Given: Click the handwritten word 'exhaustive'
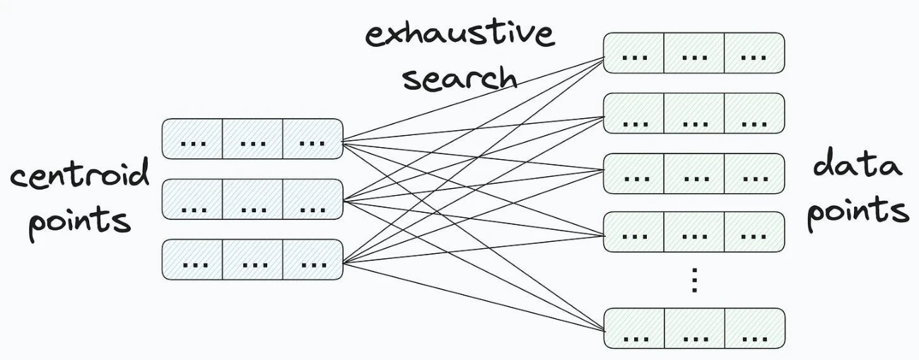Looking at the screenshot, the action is coord(460,34).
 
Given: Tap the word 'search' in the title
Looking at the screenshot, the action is coord(460,78).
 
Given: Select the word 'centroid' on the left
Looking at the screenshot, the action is coord(80,174).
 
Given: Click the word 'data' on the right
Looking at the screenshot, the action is coord(857,164).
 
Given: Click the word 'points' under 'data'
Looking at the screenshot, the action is coord(858,213).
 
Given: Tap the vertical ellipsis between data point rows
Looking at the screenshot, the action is coord(694,280).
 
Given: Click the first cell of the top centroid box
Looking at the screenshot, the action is coord(192,139).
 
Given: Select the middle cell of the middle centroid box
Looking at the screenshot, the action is coord(252,199).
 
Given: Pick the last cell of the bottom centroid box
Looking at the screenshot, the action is coord(312,260).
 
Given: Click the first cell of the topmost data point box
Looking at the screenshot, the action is coord(633,53).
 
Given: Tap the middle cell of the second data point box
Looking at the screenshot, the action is coord(693,113).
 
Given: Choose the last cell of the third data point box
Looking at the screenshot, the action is coord(754,173).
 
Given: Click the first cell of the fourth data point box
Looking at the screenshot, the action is coord(633,232).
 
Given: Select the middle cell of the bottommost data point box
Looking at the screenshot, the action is coord(694,328).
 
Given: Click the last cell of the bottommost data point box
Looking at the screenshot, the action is coord(754,328).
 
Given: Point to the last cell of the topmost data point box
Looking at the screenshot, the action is coord(754,53).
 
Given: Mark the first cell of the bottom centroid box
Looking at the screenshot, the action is coord(192,260).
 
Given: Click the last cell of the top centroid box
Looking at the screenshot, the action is coord(312,139).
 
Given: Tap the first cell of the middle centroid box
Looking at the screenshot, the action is coord(192,199).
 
